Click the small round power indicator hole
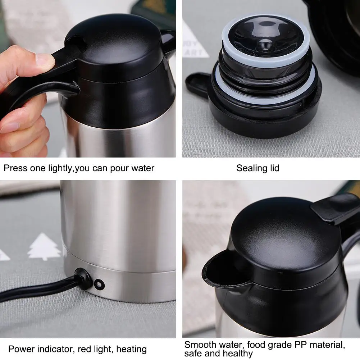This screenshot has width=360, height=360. [x=98, y=284]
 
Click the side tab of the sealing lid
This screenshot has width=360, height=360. [x=198, y=85]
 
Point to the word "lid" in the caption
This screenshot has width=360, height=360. [x=274, y=168]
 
